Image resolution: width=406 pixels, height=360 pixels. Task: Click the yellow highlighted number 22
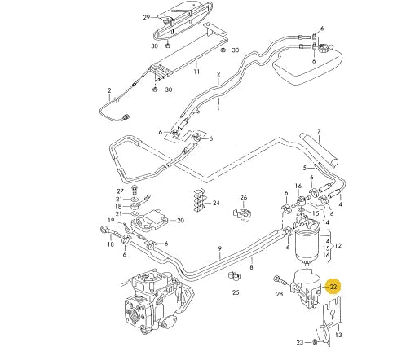click(333, 286)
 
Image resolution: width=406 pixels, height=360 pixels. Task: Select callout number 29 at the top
click(147, 16)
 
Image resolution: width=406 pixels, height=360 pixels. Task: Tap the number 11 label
click(196, 72)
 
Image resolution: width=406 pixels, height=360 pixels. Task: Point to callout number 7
click(319, 131)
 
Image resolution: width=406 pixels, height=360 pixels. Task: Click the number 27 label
click(119, 190)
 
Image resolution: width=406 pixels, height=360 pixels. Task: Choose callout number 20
click(180, 220)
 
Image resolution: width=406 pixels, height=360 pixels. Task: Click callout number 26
click(243, 198)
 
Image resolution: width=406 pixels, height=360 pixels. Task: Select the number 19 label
click(111, 222)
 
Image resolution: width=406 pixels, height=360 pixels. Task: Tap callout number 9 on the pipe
click(219, 248)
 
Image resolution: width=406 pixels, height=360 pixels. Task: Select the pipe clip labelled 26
click(242, 215)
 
